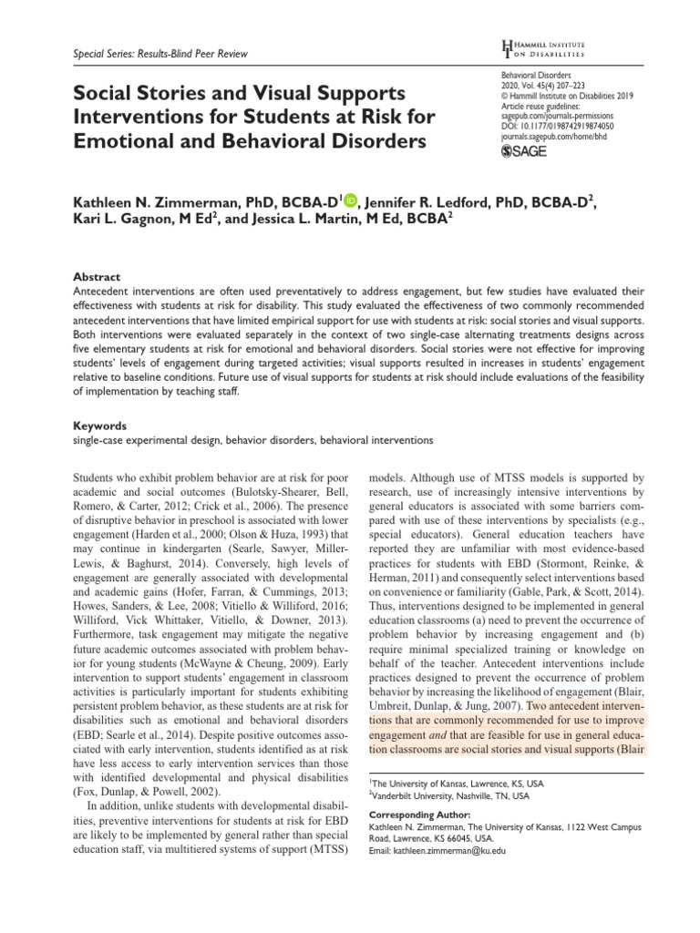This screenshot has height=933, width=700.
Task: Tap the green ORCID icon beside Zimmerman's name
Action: click(351, 201)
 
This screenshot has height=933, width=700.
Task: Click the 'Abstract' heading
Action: click(96, 276)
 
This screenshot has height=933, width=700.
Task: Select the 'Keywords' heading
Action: click(99, 425)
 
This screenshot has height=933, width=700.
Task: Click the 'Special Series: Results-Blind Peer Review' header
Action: click(160, 55)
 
